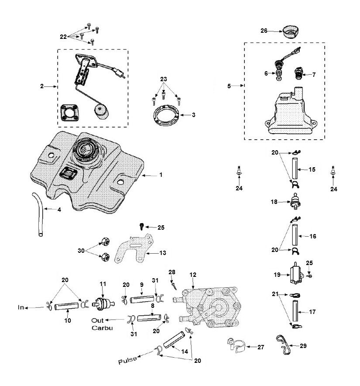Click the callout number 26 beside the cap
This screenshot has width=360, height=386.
[x=264, y=31]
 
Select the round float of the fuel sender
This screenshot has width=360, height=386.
[x=101, y=112]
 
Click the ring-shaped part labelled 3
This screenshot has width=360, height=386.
[x=165, y=115]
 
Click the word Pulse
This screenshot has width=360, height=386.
[x=127, y=360]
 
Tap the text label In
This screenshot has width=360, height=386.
[x=21, y=307]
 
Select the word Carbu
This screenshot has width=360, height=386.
[x=102, y=328]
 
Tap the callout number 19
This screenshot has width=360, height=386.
[x=277, y=275]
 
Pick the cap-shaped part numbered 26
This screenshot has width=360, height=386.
[x=291, y=31]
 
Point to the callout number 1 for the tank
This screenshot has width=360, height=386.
[x=161, y=175]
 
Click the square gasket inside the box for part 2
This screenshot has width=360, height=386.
[x=70, y=113]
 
